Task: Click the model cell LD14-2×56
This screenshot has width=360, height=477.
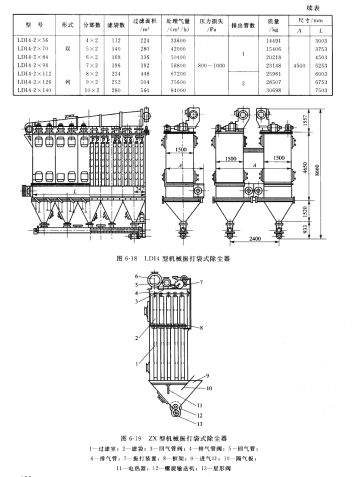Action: [39, 37]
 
